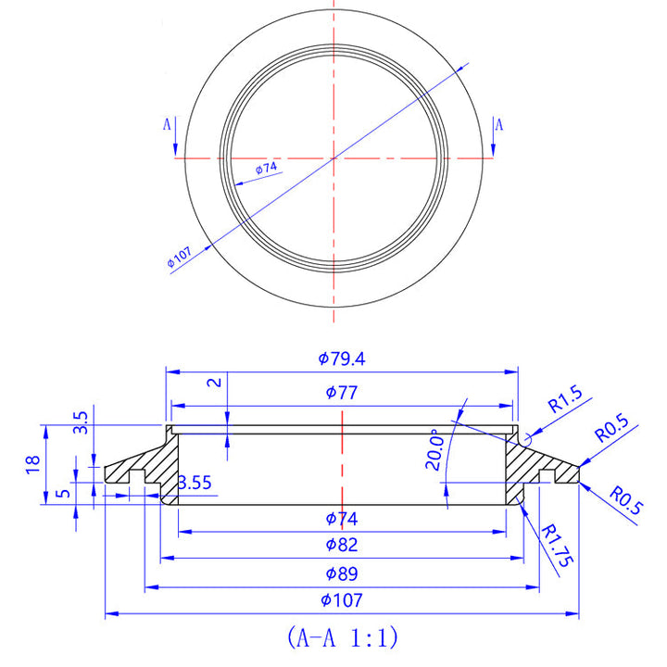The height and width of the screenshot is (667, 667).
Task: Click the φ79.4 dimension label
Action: pyautogui.click(x=342, y=358)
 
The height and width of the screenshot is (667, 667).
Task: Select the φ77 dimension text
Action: pyautogui.click(x=342, y=393)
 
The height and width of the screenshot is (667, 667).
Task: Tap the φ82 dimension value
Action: pyautogui.click(x=342, y=545)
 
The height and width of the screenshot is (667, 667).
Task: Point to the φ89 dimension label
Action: pyautogui.click(x=342, y=573)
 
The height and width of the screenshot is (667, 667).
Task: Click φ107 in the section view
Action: pyautogui.click(x=342, y=600)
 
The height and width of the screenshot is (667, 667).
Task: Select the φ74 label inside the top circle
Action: pyautogui.click(x=266, y=168)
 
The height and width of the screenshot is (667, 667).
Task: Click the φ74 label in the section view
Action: pyautogui.click(x=342, y=518)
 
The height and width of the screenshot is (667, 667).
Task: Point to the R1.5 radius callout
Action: pyautogui.click(x=564, y=403)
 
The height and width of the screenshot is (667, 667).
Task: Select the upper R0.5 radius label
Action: pyautogui.click(x=611, y=428)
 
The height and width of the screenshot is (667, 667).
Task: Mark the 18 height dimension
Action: pyautogui.click(x=32, y=464)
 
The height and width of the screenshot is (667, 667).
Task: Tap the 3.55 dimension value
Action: pyautogui.click(x=195, y=483)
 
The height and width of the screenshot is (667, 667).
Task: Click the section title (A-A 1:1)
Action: pyautogui.click(x=342, y=637)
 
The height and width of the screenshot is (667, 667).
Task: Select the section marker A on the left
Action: pyautogui.click(x=168, y=123)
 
